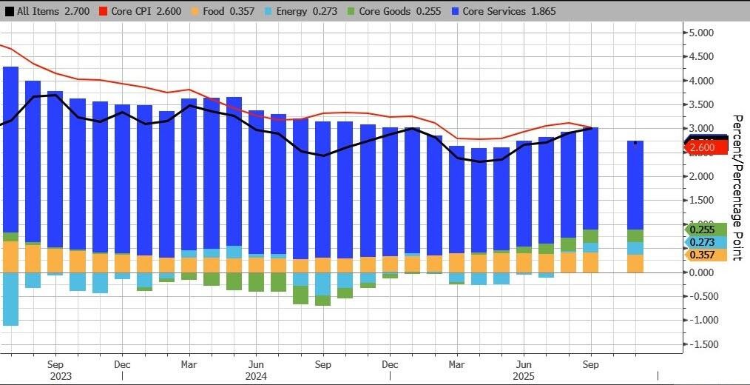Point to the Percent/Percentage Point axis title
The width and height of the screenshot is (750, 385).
pyautogui.click(x=737, y=187)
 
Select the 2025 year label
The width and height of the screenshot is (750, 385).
pyautogui.click(x=524, y=375)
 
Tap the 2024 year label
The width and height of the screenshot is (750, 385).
pyautogui.click(x=256, y=375)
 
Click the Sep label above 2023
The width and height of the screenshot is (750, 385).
pyautogui.click(x=55, y=364)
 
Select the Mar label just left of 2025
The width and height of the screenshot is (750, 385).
pyautogui.click(x=457, y=364)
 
